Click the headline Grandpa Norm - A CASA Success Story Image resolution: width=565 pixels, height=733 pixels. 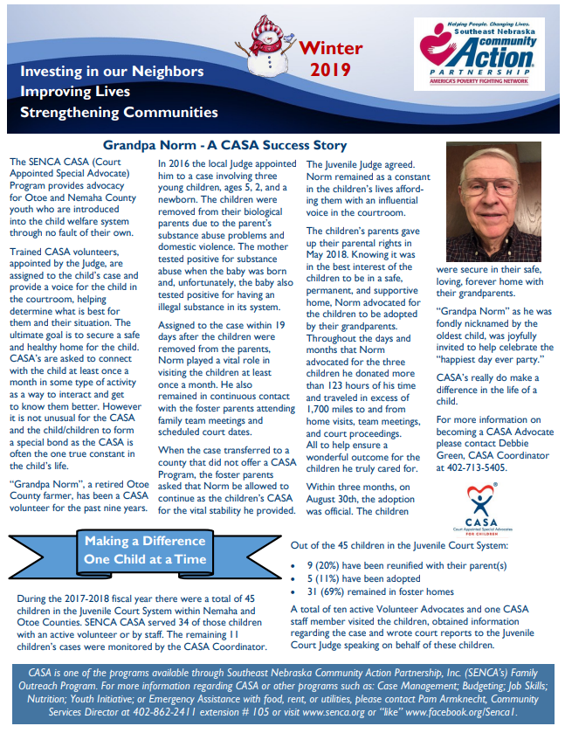coord(224,146)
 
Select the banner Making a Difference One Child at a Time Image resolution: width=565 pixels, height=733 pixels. coord(145,550)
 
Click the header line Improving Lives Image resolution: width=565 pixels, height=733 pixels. coord(75,92)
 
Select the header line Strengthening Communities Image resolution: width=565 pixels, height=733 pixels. coord(119,112)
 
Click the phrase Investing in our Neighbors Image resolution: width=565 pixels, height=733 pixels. coord(112,71)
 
